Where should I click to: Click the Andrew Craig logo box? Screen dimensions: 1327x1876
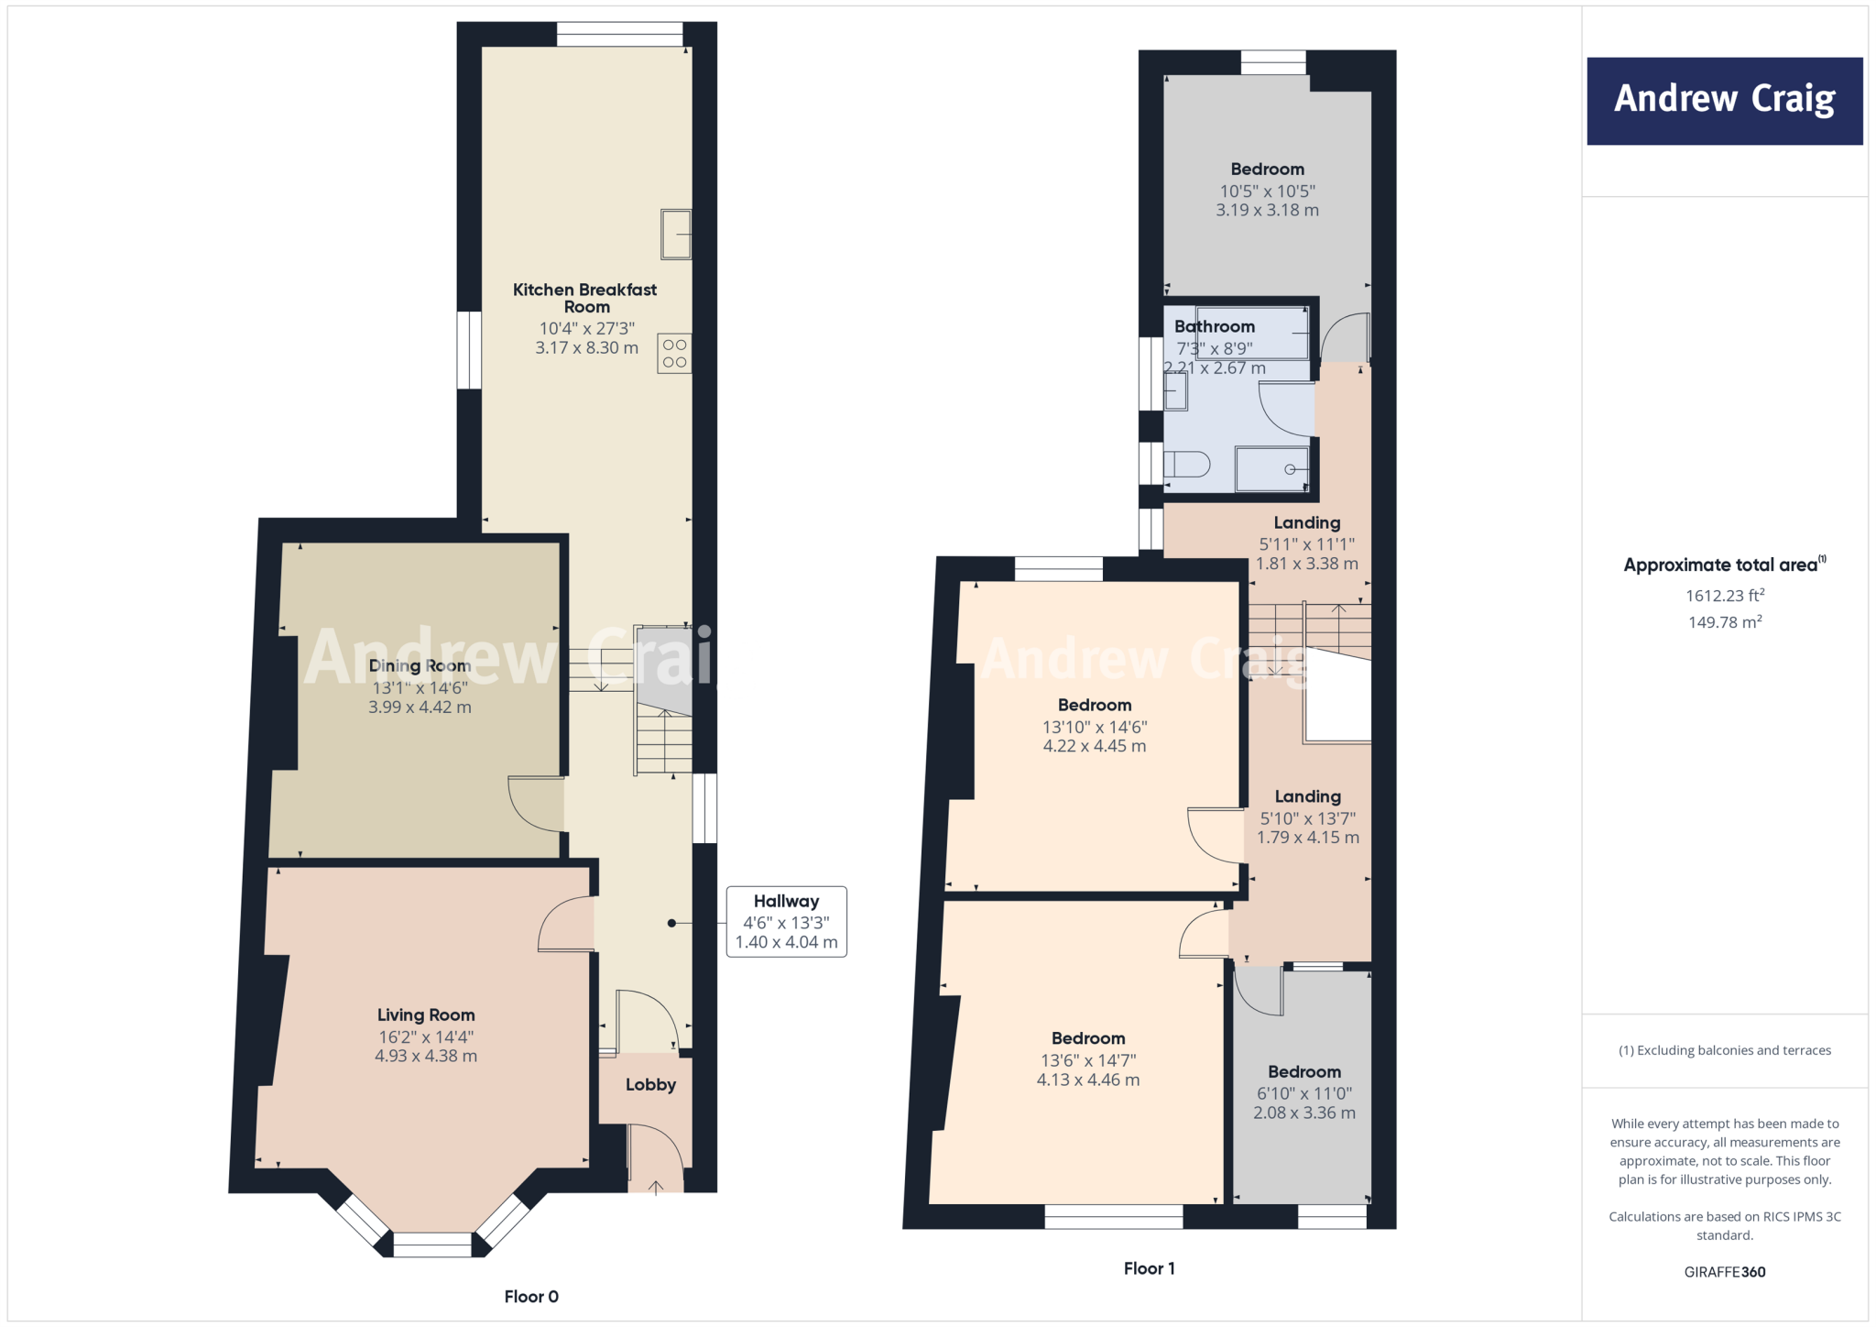[1724, 101]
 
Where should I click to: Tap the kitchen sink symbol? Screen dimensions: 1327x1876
[676, 235]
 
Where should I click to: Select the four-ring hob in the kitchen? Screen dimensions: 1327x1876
[674, 354]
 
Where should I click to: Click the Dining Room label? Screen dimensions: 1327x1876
[420, 666]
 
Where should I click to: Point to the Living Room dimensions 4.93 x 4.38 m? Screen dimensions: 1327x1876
[426, 1057]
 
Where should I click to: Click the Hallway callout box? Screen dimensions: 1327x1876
[786, 922]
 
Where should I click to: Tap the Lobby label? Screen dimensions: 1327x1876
[650, 1085]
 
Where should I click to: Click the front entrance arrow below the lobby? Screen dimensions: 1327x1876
[656, 1189]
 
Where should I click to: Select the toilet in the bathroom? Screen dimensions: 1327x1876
[1187, 465]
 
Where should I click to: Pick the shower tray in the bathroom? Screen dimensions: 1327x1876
[1271, 469]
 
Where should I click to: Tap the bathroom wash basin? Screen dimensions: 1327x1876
[1175, 393]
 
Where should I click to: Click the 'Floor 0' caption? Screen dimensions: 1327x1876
[531, 1297]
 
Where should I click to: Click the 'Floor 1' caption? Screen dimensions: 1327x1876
[1149, 1269]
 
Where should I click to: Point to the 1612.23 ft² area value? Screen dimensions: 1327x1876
[1725, 596]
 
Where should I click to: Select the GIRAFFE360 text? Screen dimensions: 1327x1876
[1725, 1272]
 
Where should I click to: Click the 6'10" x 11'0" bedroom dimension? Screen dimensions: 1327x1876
[1304, 1093]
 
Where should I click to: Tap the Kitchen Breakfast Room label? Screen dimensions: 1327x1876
[585, 298]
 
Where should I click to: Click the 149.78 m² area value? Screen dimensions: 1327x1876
[1725, 622]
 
